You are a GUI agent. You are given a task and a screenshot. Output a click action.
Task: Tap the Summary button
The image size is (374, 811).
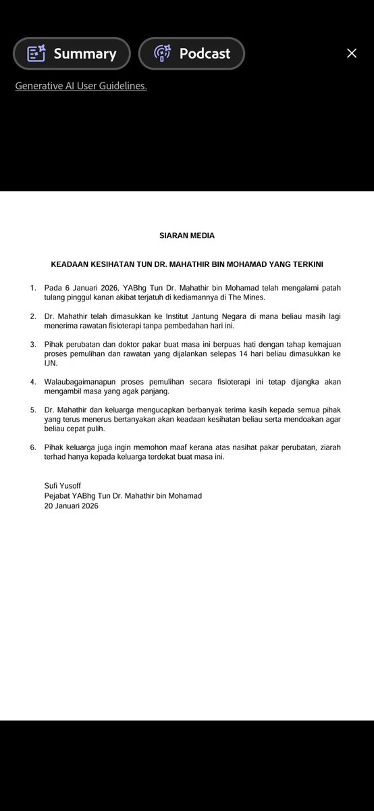72,53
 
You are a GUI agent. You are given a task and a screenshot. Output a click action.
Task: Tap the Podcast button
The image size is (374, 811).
192,53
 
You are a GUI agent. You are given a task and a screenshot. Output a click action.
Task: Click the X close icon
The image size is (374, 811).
352,53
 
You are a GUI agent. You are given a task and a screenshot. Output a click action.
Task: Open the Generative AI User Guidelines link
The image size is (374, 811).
81,86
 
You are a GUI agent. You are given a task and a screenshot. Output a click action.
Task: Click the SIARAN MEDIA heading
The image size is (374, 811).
187,236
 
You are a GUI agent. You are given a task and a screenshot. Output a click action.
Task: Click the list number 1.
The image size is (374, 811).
33,288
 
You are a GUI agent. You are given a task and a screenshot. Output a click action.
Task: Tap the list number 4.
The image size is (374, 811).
33,382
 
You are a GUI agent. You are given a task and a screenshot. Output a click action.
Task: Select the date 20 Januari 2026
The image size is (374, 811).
70,505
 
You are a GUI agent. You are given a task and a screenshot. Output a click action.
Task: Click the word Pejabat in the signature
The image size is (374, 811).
59,495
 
